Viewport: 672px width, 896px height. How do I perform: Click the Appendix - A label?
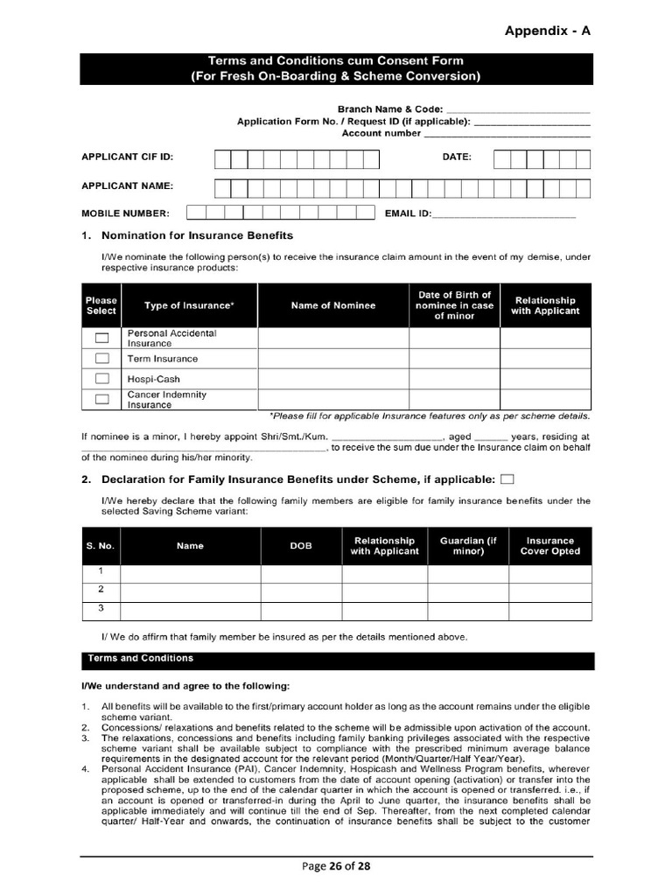coord(548,31)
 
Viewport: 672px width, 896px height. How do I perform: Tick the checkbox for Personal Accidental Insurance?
coord(101,338)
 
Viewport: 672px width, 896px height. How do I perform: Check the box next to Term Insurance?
coord(101,358)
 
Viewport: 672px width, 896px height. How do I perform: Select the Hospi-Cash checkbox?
coord(101,379)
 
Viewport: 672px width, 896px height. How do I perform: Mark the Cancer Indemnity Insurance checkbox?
coord(101,399)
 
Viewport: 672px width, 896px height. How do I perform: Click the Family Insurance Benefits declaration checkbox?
coord(507,479)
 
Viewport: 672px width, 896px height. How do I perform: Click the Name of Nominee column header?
coord(332,305)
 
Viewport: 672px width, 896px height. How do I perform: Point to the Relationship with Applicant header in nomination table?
coord(545,305)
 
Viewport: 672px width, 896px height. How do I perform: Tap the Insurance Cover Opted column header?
coord(549,546)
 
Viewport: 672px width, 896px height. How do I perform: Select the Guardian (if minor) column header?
coord(468,546)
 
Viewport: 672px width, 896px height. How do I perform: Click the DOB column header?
coord(300,546)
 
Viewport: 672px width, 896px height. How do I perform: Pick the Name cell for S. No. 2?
coord(190,590)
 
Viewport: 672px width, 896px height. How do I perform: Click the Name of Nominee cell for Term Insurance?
coord(332,359)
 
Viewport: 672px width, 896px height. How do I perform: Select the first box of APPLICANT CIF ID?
coord(222,158)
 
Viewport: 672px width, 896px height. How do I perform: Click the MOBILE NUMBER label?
coord(125,213)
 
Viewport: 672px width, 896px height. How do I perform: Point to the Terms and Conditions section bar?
coord(337,660)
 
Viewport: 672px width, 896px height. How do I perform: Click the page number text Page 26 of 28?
coord(336,866)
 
